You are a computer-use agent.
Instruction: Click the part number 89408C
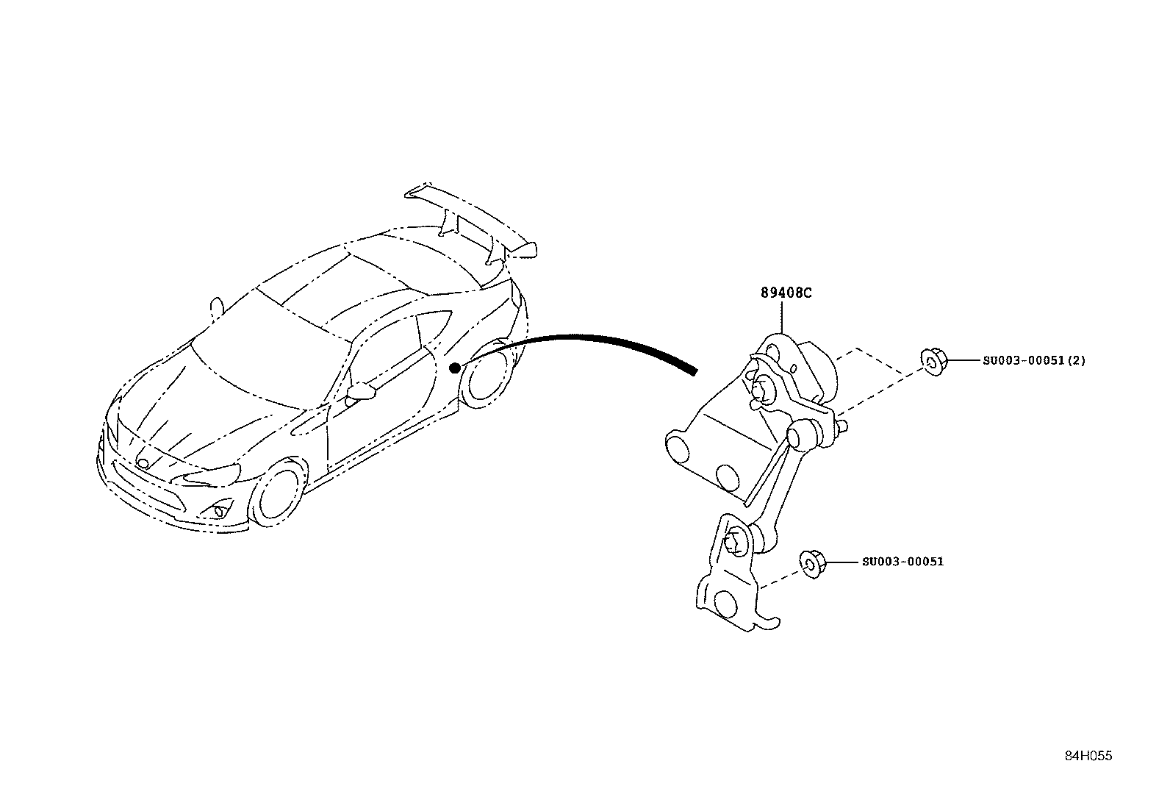pyautogui.click(x=786, y=293)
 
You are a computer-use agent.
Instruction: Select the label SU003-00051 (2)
pyautogui.click(x=1034, y=360)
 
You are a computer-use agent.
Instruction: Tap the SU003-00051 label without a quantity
pyautogui.click(x=902, y=562)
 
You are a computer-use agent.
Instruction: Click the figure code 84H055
pyautogui.click(x=1088, y=756)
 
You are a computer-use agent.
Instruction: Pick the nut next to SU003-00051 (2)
pyautogui.click(x=934, y=362)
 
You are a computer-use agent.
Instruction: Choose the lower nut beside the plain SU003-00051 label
pyautogui.click(x=813, y=564)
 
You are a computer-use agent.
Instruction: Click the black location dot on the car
pyautogui.click(x=455, y=368)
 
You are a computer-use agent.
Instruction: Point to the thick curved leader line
pyautogui.click(x=580, y=339)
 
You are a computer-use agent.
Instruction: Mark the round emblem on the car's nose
pyautogui.click(x=143, y=463)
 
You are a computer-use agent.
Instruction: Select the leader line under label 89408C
pyautogui.click(x=781, y=317)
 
